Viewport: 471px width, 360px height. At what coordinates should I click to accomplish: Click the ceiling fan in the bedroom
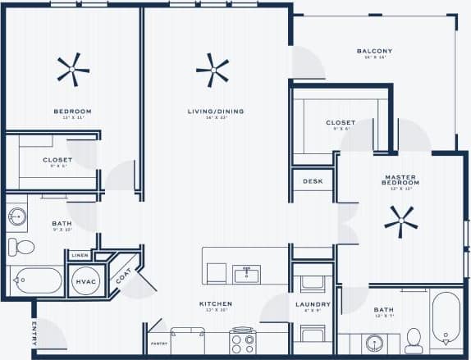73,70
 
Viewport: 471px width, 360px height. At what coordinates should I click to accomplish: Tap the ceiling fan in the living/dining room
213,71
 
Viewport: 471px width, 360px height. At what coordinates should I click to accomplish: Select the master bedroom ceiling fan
400,221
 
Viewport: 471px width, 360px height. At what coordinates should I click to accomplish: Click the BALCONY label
374,52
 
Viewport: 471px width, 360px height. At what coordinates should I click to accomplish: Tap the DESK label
313,181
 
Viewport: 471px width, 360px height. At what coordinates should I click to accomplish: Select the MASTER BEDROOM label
401,180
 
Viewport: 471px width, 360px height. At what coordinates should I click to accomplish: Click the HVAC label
86,281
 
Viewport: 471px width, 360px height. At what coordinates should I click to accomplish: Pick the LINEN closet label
80,255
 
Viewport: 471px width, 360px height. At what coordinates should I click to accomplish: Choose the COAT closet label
123,276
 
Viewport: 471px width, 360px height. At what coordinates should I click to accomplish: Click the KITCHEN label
216,303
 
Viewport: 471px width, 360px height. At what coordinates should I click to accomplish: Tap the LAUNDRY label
313,303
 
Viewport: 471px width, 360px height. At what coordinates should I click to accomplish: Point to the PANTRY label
158,344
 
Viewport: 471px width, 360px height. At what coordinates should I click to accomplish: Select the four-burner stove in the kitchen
244,340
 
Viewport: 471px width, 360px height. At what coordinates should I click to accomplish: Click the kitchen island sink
246,274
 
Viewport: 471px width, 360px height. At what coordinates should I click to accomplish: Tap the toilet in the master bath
414,339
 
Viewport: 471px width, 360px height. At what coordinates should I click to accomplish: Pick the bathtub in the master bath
446,319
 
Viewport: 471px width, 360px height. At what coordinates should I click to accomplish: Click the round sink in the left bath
17,217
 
